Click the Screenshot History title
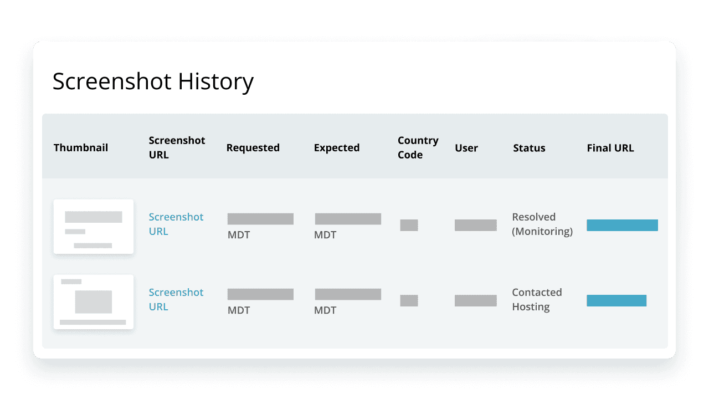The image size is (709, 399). [x=153, y=81]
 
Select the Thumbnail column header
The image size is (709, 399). [x=81, y=148]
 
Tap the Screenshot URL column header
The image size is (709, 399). [x=177, y=147]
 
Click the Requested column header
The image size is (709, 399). [x=253, y=148]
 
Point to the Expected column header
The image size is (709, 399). [x=337, y=148]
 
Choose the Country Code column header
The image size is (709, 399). [x=418, y=147]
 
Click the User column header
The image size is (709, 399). [x=466, y=148]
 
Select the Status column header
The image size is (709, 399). [x=529, y=148]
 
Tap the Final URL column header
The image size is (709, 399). [x=610, y=148]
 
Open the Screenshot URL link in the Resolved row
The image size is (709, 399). [x=176, y=224]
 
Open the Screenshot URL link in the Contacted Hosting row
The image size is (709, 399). [x=176, y=299]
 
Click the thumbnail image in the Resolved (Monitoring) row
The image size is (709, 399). [x=94, y=226]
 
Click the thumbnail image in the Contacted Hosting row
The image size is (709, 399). [x=94, y=301]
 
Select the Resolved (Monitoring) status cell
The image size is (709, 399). [x=542, y=224]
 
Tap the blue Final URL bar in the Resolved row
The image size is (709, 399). [x=622, y=225]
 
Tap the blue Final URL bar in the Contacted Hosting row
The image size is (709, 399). [x=616, y=300]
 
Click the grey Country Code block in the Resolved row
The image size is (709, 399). [x=409, y=225]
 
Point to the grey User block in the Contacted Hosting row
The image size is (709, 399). [x=475, y=300]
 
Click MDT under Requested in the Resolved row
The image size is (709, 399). [x=239, y=235]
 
